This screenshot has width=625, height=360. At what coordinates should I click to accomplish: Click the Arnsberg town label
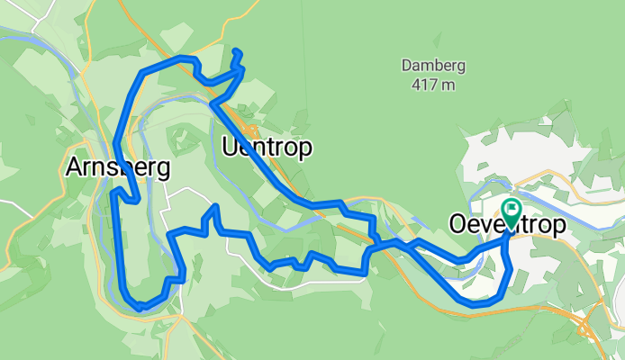coord(118,167)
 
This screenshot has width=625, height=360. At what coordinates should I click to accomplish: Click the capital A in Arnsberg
coord(74,167)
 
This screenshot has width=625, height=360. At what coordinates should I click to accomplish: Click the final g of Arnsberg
coord(163,170)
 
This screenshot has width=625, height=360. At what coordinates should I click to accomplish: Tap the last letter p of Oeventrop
coord(559,227)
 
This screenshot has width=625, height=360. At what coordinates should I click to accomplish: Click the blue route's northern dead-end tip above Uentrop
coord(236,50)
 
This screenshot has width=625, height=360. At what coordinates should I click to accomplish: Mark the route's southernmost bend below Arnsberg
coord(140,308)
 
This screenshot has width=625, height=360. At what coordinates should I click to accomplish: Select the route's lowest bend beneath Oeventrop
coord(475,303)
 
